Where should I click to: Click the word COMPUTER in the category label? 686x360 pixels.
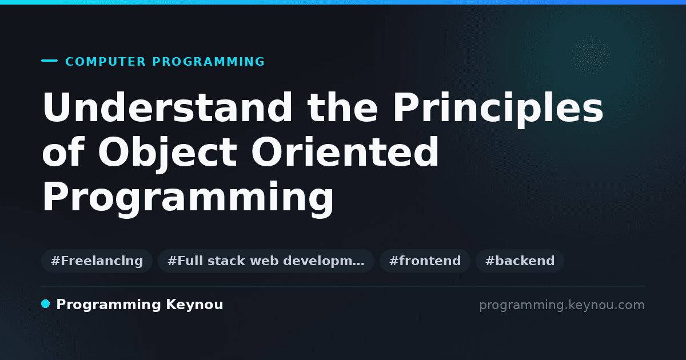click(x=105, y=62)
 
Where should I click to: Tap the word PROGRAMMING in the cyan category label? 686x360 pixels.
click(x=208, y=62)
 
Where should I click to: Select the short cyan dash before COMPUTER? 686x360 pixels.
click(x=49, y=61)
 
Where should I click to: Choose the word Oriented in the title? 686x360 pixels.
click(x=345, y=152)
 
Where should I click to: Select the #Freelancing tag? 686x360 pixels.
click(x=97, y=261)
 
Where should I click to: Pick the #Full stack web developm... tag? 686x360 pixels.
click(x=266, y=261)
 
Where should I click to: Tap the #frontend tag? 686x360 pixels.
click(x=425, y=261)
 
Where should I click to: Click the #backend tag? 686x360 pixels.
click(x=520, y=261)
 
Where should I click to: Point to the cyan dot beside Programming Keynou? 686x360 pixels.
click(x=45, y=304)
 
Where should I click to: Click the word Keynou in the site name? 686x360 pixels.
click(x=194, y=305)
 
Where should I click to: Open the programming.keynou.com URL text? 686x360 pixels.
click(x=562, y=305)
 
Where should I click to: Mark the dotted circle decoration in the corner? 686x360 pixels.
click(x=590, y=55)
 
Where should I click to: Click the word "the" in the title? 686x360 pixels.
click(x=342, y=107)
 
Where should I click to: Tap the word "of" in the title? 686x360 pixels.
click(x=63, y=152)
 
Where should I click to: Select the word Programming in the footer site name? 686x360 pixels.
click(x=109, y=305)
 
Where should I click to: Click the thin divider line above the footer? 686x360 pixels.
click(x=343, y=286)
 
